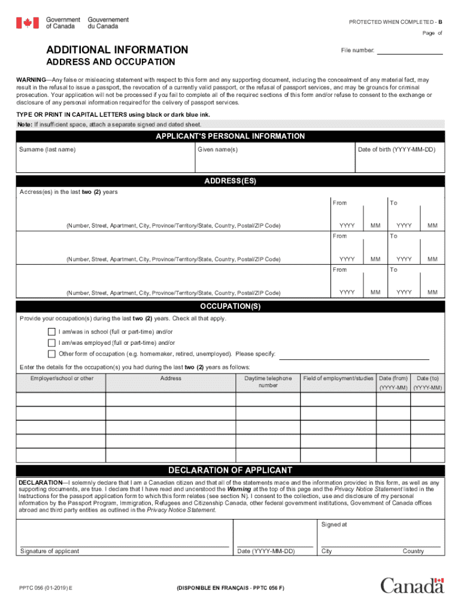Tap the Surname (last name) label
[x=47, y=149]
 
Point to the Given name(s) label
[x=218, y=149]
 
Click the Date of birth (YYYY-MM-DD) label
[x=396, y=149]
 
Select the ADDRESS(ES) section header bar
[x=230, y=181]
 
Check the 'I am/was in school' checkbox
[x=51, y=332]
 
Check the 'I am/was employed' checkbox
[x=51, y=343]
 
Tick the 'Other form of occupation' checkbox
[x=51, y=354]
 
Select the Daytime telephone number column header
[x=268, y=382]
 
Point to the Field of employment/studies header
[x=338, y=378]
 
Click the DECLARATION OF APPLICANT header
[x=230, y=470]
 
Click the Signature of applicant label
[x=50, y=551]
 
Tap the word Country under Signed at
[x=413, y=551]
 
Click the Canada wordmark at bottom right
[x=412, y=585]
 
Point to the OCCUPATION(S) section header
[x=230, y=306]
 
